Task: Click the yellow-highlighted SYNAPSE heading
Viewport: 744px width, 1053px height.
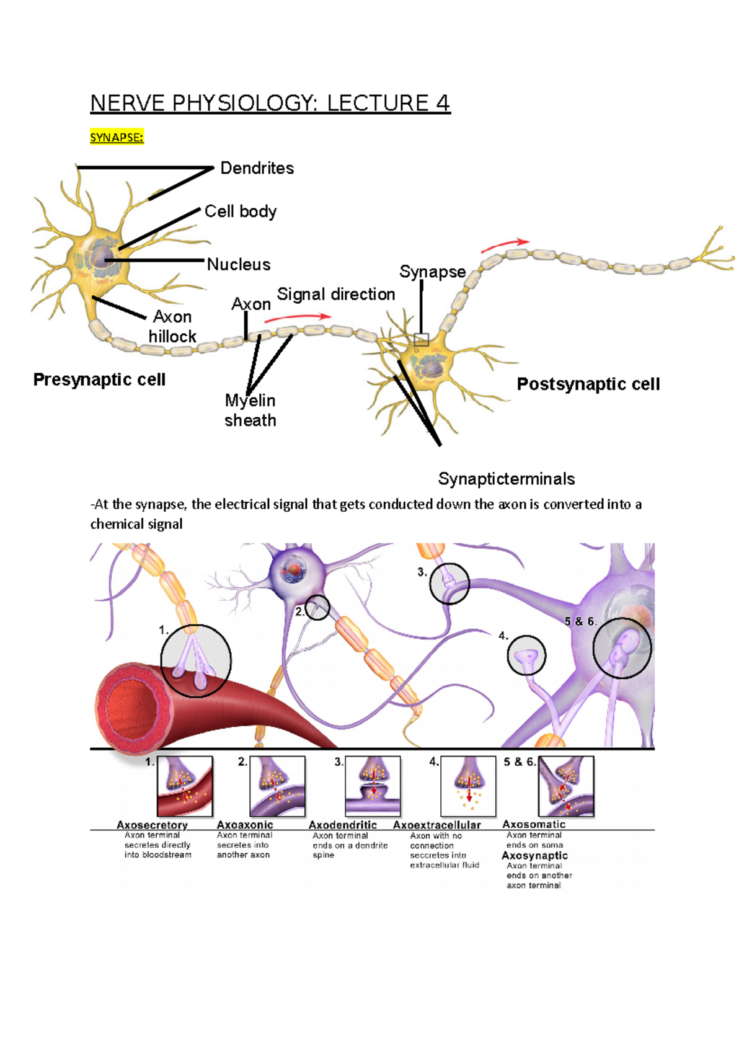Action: (x=117, y=138)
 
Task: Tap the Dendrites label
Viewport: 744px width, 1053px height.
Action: (x=257, y=168)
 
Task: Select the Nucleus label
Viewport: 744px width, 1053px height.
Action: (x=239, y=265)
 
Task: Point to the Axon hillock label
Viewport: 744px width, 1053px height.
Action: (x=172, y=327)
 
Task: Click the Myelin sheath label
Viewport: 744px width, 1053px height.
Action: (x=250, y=411)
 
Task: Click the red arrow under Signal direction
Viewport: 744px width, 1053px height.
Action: (x=297, y=318)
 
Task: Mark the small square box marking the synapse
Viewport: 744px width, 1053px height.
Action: (x=422, y=339)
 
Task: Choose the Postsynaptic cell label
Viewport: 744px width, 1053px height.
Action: (x=588, y=384)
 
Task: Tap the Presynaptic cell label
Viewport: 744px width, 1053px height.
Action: (x=99, y=380)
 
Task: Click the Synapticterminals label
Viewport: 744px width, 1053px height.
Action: (x=506, y=479)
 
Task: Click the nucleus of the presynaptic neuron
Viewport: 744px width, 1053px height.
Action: (x=99, y=255)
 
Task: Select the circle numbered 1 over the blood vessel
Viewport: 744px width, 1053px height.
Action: (x=196, y=661)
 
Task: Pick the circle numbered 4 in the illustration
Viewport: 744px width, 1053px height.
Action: (x=526, y=655)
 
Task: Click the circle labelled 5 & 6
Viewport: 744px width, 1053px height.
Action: (x=622, y=648)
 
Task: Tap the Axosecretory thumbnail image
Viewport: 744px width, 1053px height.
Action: (x=185, y=786)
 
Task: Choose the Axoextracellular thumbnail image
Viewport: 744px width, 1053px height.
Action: (x=468, y=786)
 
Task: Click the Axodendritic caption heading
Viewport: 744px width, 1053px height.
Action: (x=343, y=825)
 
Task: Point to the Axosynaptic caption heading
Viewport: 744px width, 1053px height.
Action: (x=534, y=856)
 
